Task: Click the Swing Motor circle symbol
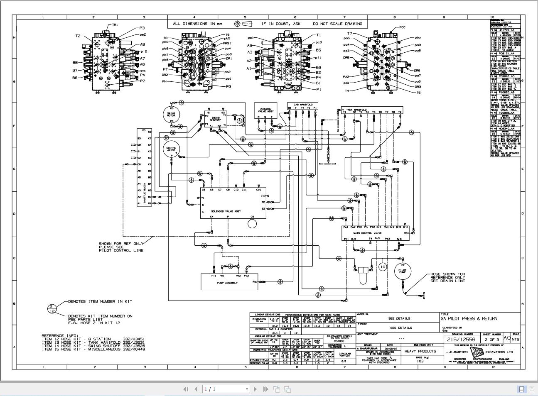(171, 114)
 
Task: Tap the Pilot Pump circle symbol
(402, 271)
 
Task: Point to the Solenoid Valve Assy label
(226, 211)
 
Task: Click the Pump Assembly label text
(227, 283)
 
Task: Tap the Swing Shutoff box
(216, 119)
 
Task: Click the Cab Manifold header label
(302, 105)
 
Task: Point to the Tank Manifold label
(356, 110)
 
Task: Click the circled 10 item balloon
(382, 267)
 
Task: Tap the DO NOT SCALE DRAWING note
(337, 24)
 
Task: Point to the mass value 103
(420, 361)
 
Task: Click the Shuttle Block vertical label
(145, 193)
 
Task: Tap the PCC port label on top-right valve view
(402, 27)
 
